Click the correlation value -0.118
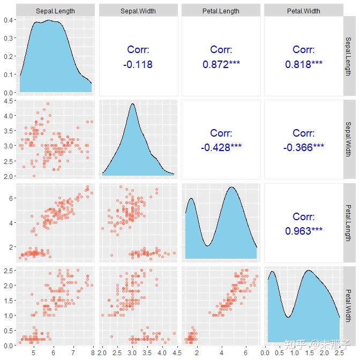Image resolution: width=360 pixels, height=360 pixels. click(138, 64)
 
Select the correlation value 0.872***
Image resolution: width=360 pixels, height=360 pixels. click(221, 64)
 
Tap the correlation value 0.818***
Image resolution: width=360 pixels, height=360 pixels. click(304, 64)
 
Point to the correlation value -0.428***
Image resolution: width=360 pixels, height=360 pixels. click(221, 147)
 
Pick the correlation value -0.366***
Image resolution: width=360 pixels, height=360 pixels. click(304, 147)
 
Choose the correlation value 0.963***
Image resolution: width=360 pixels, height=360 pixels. click(304, 231)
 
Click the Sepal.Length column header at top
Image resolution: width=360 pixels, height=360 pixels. click(55, 11)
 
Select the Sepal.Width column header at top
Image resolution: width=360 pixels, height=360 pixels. click(138, 11)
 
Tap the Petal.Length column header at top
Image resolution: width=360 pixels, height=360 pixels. click(221, 11)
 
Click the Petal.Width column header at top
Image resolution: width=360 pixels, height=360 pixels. click(304, 11)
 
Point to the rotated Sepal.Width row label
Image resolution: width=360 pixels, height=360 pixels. click(349, 139)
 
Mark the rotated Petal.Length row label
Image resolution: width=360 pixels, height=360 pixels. click(349, 223)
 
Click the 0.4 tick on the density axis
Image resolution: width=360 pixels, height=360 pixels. click(8, 20)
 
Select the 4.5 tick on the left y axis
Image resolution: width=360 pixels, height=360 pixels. click(8, 101)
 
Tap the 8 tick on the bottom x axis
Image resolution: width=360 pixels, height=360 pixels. click(93, 352)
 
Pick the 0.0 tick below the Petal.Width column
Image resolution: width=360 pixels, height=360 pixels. click(265, 352)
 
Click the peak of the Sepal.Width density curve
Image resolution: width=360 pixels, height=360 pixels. click(132, 104)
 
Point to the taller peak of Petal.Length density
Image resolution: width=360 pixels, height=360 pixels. click(232, 187)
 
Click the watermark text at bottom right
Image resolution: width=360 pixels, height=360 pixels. click(317, 344)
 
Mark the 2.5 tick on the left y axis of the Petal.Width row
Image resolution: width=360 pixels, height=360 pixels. click(8, 271)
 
